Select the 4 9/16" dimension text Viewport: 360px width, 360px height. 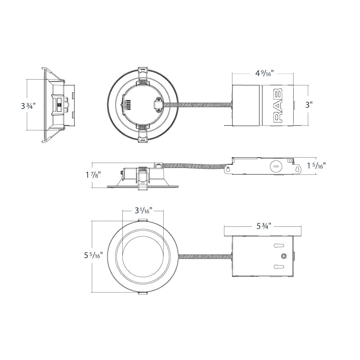click(264, 73)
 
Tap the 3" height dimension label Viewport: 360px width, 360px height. click(309, 105)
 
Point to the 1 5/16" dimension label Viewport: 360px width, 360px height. click(319, 166)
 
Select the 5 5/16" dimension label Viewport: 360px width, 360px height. click(93, 255)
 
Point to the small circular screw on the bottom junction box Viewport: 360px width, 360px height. click(284, 256)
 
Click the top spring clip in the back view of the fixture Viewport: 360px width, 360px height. click(143, 76)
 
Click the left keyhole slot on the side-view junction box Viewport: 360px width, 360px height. click(228, 169)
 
